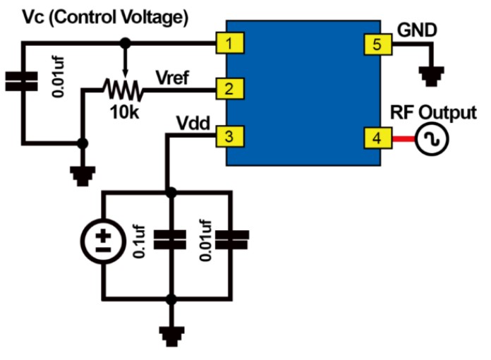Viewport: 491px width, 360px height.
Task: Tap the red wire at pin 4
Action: coord(401,139)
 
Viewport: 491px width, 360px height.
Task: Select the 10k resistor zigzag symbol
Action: coord(123,90)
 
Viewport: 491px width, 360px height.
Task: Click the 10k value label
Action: coord(126,110)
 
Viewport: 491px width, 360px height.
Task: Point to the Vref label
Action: coord(173,77)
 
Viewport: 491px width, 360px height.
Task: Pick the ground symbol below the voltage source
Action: coord(169,332)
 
